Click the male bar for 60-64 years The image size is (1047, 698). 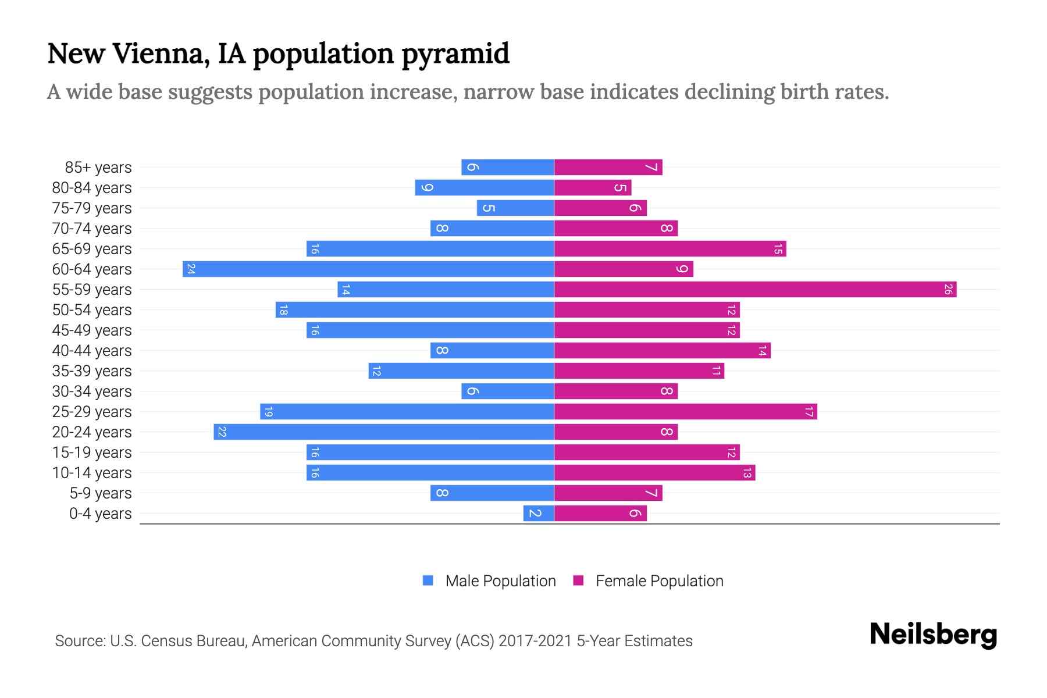pos(368,269)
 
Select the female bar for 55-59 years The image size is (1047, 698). pos(755,290)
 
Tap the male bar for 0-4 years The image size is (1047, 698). pos(539,514)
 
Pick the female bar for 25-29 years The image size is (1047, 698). pos(685,412)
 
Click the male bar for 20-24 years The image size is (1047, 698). pos(384,432)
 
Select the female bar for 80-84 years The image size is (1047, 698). pos(592,188)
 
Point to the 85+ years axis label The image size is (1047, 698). pos(98,168)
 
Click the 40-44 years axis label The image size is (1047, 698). pos(92,351)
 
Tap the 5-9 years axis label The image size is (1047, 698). pos(101,493)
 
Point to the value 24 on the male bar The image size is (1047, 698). pos(191,269)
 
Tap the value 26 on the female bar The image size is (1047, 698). pos(948,290)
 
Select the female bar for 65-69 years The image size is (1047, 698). pos(670,249)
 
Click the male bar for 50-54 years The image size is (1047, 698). pos(415,310)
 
